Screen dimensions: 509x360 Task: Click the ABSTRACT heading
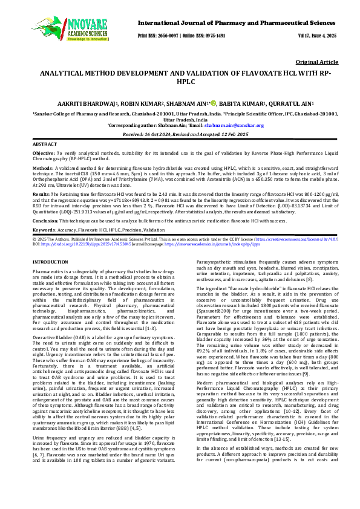point(45,146)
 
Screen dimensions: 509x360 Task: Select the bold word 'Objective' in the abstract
point(43,155)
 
